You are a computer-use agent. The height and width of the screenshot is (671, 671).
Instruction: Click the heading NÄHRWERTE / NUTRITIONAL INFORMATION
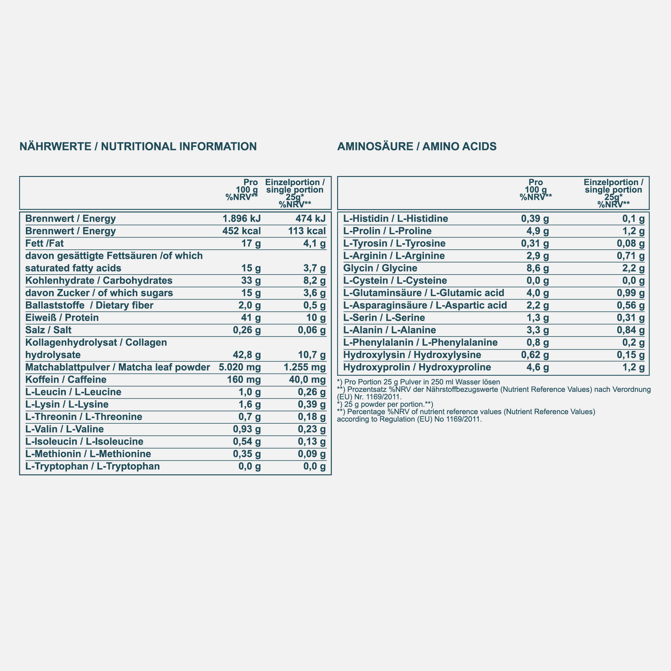(138, 146)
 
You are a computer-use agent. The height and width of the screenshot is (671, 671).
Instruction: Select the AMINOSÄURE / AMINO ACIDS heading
(417, 146)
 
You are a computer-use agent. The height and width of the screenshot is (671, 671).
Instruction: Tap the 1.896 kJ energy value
(242, 219)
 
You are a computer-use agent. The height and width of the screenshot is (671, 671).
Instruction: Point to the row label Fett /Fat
(46, 243)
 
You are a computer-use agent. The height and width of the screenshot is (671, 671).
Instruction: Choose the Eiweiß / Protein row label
(62, 318)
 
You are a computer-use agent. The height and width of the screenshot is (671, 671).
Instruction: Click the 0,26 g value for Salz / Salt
(244, 330)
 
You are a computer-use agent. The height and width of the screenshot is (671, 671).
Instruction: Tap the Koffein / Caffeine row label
(66, 380)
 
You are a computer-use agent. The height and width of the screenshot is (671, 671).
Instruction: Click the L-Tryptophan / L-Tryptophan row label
(93, 467)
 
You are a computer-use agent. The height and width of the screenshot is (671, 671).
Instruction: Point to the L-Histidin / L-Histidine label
(395, 219)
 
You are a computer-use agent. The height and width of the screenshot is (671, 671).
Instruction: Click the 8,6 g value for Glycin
(535, 268)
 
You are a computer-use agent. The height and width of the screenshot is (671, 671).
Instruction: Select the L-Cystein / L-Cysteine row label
(395, 280)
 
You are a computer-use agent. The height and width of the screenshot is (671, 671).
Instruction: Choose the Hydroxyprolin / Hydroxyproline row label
(417, 367)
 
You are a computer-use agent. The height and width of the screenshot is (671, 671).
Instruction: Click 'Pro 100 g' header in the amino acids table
(535, 186)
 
